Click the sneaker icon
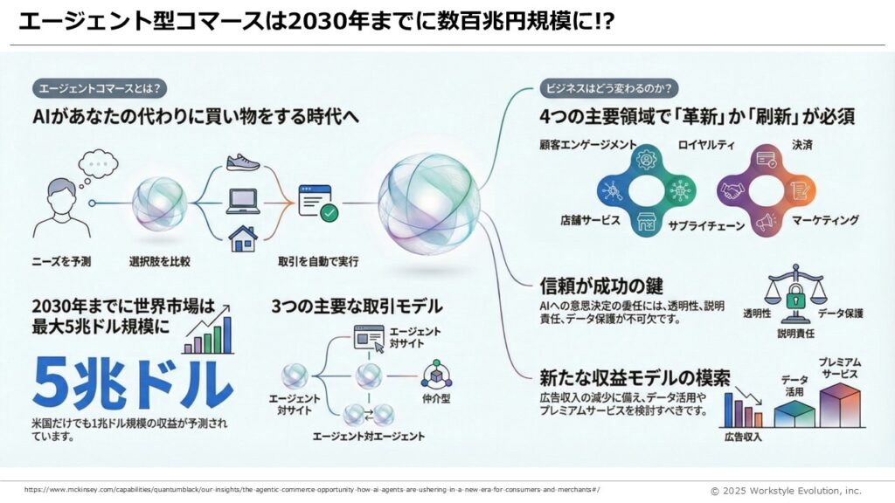243,162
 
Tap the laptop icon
243,201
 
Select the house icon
243,237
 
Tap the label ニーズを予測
60,261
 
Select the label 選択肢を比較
159,261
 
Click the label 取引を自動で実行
318,261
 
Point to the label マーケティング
825,220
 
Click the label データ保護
840,313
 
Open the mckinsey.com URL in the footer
311,489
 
